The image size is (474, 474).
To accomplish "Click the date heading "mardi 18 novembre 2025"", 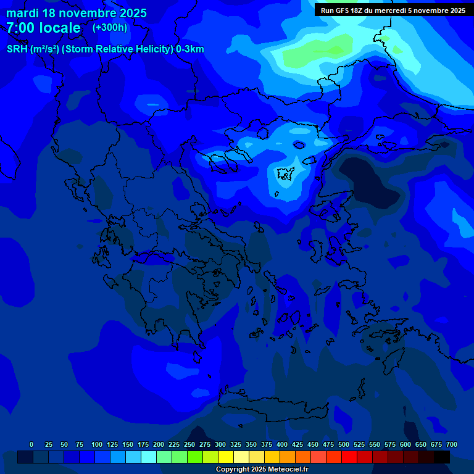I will [x=77, y=13].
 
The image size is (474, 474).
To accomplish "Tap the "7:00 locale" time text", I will [x=43, y=28].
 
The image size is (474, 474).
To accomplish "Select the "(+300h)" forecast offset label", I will [x=110, y=28].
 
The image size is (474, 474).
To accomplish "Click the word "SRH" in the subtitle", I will [x=17, y=49].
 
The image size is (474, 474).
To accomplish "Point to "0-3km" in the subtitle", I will [x=190, y=49].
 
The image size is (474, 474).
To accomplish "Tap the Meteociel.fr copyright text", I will [x=262, y=470].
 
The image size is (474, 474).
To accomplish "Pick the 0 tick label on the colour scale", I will [x=31, y=444].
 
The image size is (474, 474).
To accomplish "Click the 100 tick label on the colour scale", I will [x=96, y=444].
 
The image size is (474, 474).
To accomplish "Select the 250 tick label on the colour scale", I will [x=189, y=444].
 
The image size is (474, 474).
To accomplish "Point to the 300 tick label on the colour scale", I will [x=220, y=444].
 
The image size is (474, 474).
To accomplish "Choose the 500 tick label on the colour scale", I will [x=343, y=444].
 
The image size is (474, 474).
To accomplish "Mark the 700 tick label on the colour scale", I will [x=452, y=444].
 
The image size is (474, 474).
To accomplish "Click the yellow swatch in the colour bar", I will [x=226, y=457].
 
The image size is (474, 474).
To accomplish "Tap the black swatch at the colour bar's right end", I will [x=442, y=457].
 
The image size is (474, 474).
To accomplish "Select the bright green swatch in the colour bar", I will [x=195, y=457].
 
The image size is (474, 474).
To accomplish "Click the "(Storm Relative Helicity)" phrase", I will [x=116, y=49].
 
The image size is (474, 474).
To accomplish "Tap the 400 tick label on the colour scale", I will [x=281, y=444].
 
